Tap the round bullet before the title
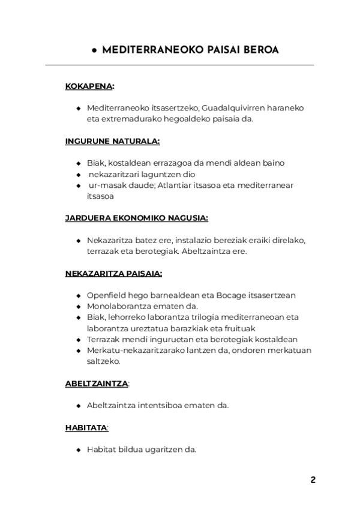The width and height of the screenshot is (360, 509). (x=95, y=51)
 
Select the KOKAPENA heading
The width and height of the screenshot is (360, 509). (x=89, y=86)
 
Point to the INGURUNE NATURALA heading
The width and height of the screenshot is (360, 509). (x=112, y=141)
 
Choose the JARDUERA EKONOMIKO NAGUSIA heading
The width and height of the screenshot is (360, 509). (x=136, y=218)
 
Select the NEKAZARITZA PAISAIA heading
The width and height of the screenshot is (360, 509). (x=113, y=273)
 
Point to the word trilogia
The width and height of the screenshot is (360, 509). (x=211, y=317)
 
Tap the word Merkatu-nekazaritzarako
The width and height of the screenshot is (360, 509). (x=136, y=350)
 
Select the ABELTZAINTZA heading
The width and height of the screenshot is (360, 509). (x=96, y=383)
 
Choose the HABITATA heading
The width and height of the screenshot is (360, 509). (x=86, y=427)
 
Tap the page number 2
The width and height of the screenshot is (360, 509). (x=313, y=480)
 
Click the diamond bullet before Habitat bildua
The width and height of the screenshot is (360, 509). (x=79, y=450)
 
